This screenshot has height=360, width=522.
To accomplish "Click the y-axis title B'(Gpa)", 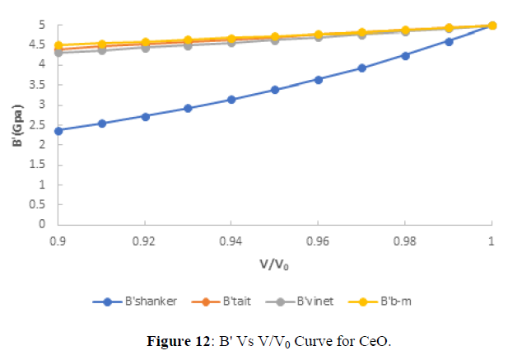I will click(19, 123).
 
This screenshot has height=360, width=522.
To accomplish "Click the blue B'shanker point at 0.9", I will click(58, 130).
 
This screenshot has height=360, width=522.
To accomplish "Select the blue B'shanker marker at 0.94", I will click(231, 100).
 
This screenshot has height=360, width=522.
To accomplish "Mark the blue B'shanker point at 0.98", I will click(405, 55).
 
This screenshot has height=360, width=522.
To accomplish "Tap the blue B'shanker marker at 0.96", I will click(319, 79).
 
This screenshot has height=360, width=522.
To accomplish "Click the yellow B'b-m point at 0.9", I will click(58, 45).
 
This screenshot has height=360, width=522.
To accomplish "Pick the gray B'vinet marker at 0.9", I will click(58, 52).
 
